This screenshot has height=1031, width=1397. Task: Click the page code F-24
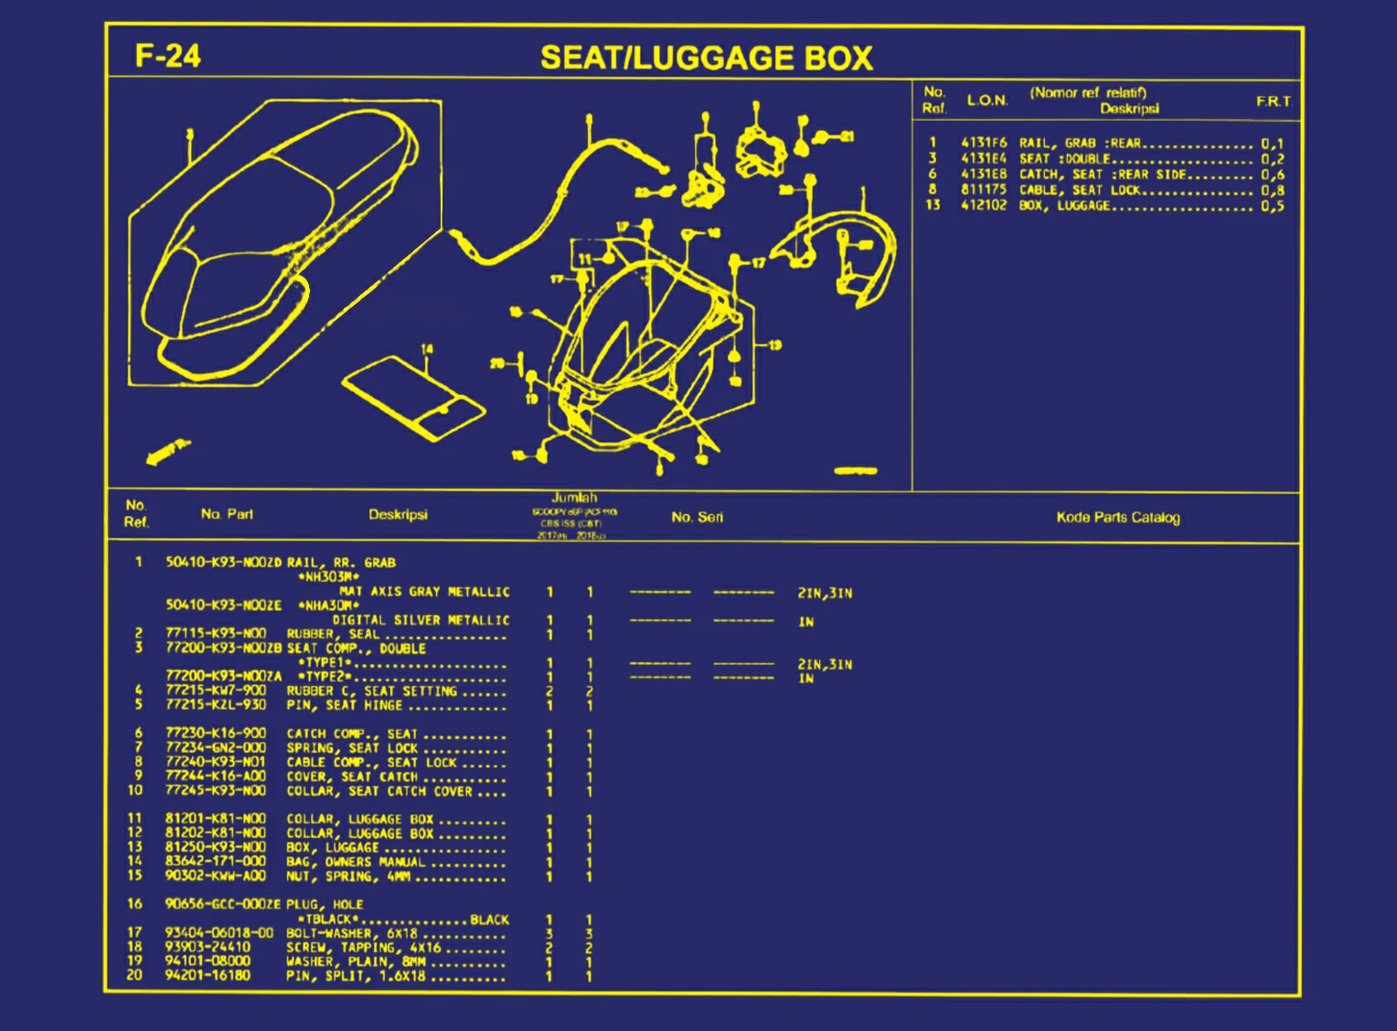(x=167, y=56)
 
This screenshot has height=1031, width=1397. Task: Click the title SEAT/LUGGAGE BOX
(x=706, y=58)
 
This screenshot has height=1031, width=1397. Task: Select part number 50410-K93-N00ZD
(x=223, y=563)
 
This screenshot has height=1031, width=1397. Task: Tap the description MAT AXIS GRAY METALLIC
(x=424, y=592)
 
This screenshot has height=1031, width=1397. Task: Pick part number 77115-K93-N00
(x=216, y=633)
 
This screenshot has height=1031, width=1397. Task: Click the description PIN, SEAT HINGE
(x=345, y=705)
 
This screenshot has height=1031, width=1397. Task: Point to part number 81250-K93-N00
(x=216, y=847)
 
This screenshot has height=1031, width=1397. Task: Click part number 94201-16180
(x=208, y=975)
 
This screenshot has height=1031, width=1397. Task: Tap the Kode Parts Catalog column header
(x=1117, y=518)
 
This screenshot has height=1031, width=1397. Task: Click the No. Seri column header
(x=697, y=518)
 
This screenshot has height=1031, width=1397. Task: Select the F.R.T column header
(x=1273, y=102)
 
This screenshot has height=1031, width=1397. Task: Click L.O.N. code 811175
(x=983, y=190)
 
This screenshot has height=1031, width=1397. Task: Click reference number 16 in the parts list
(x=135, y=904)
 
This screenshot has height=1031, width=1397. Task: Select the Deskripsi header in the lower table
(x=398, y=515)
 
